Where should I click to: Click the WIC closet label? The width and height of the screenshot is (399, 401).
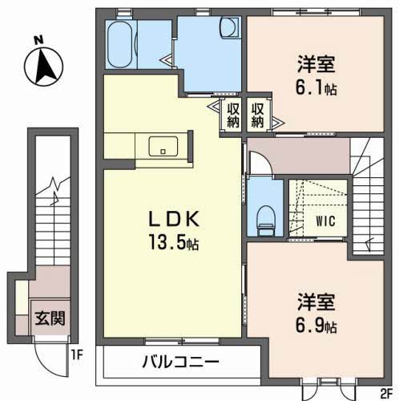(x=325, y=219)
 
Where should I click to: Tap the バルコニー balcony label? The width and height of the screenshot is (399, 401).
(x=182, y=363)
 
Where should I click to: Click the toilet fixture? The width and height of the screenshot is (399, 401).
(x=262, y=217)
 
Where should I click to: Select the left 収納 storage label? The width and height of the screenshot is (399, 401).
(x=233, y=115)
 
